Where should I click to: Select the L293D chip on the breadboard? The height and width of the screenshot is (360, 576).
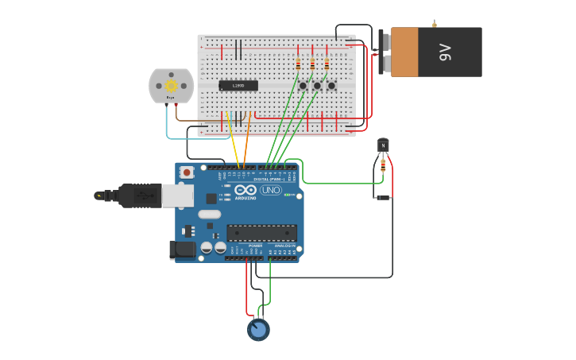click(238, 85)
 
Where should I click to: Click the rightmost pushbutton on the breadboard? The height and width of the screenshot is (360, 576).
click(331, 85)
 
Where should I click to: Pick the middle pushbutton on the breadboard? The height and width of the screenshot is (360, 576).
click(317, 85)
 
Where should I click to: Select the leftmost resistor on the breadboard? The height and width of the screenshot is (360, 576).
click(298, 64)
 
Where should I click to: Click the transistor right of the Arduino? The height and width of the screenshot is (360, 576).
click(383, 145)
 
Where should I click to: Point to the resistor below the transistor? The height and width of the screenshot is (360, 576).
click(383, 165)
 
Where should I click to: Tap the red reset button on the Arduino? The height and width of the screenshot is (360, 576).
click(187, 172)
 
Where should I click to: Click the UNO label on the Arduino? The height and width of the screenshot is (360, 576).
click(270, 190)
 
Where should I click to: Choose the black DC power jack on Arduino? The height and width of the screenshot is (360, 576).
click(184, 250)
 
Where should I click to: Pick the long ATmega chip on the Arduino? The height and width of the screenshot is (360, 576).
click(261, 233)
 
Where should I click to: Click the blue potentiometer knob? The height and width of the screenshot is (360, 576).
click(258, 329)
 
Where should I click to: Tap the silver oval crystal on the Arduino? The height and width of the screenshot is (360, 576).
click(209, 214)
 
